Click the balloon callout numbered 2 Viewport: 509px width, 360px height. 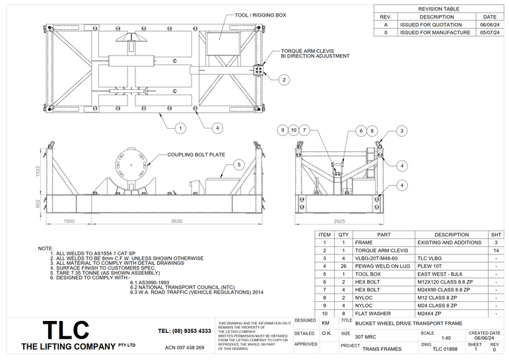tap(283, 80)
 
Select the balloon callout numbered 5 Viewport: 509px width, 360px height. tap(239, 164)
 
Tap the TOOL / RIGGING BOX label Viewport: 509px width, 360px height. tap(260, 15)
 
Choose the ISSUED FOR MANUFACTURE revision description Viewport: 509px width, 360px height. tap(434, 32)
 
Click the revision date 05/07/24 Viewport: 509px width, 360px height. tap(489, 32)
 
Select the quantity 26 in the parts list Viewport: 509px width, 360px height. tap(343, 266)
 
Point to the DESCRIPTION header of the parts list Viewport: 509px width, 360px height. tap(452, 234)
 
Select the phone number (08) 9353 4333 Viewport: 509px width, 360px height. tap(185, 330)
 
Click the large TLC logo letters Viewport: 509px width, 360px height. tap(66, 330)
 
